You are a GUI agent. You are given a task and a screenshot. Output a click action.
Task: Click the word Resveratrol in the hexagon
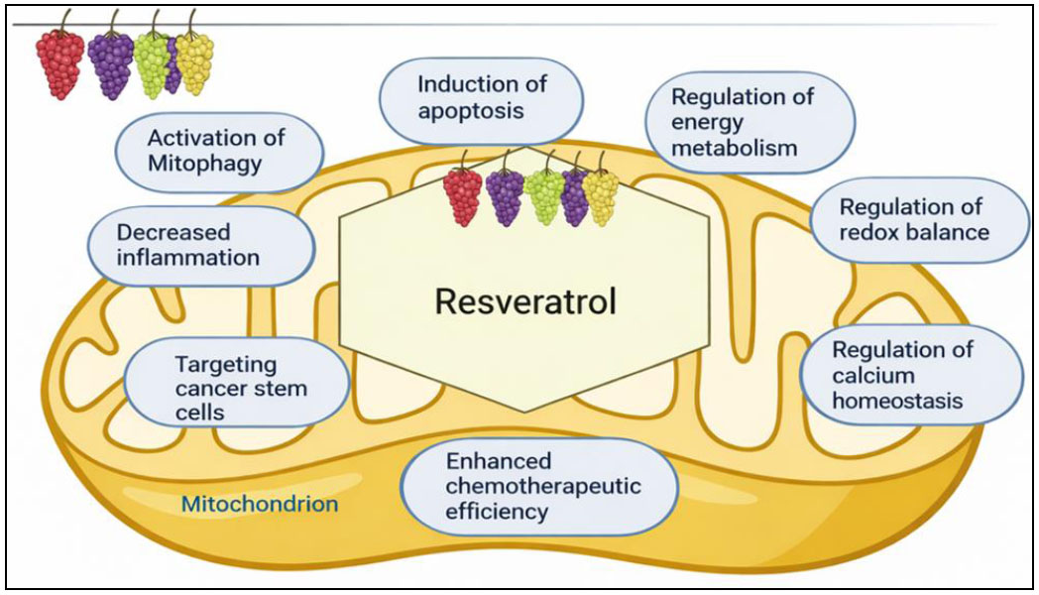(x=524, y=300)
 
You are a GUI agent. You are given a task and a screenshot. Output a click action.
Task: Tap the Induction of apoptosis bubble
(x=469, y=99)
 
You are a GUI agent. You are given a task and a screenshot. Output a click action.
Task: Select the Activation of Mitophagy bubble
(x=219, y=151)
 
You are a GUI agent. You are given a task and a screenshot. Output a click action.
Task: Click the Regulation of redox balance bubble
(x=912, y=219)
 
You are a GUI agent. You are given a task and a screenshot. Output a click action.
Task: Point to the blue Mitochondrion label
(x=260, y=505)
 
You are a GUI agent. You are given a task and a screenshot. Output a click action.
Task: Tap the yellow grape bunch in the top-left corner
(x=194, y=63)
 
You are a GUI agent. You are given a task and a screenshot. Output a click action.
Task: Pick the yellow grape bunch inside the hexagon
(x=600, y=195)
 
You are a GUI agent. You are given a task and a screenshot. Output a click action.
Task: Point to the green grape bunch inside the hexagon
(x=544, y=196)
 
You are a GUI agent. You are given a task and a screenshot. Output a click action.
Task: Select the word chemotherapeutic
(x=543, y=487)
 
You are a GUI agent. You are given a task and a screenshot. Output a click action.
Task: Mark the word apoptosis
(x=470, y=111)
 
